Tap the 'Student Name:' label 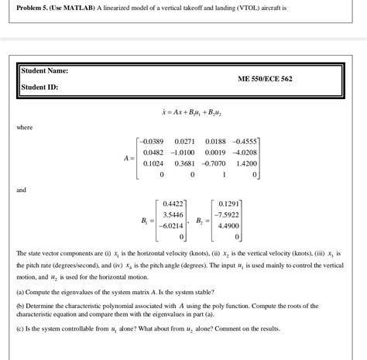pyautogui.click(x=46, y=71)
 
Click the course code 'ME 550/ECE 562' pyautogui.click(x=266, y=79)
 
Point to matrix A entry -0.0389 pyautogui.click(x=151, y=142)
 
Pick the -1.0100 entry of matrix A pyautogui.click(x=183, y=153)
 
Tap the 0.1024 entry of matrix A pyautogui.click(x=153, y=163)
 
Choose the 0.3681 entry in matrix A pyautogui.click(x=184, y=163)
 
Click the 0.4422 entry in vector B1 pyautogui.click(x=172, y=202)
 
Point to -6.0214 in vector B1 pyautogui.click(x=170, y=225)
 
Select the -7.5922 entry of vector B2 pyautogui.click(x=229, y=214)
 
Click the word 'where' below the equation pyautogui.click(x=23, y=127)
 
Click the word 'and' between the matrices pyautogui.click(x=21, y=188)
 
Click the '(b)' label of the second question pyautogui.click(x=20, y=307)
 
